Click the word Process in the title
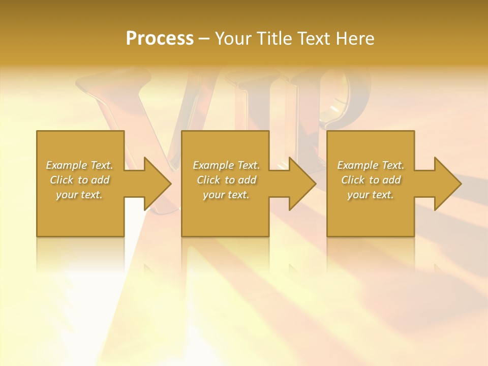160,39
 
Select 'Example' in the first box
66,165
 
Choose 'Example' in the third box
357,165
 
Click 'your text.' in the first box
79,195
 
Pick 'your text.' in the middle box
226,195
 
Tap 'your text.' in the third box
371,195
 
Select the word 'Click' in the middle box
208,180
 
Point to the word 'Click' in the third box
353,180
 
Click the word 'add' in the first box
100,180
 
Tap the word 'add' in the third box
391,180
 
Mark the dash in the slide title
204,39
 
